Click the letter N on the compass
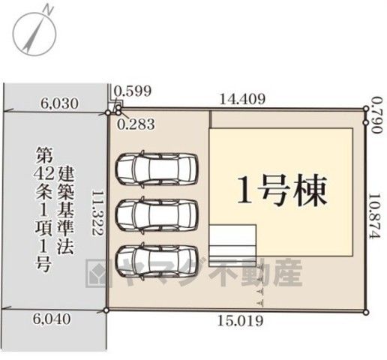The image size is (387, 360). click(49, 10)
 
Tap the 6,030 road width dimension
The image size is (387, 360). click(59, 103)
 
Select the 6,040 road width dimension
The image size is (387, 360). click(52, 319)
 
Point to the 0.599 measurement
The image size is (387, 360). click(133, 91)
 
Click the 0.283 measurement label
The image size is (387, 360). click(136, 124)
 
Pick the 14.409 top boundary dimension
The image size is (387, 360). click(242, 99)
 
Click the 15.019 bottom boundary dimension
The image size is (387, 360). click(241, 321)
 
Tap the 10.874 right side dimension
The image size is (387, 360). click(375, 216)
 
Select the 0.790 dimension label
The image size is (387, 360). click(377, 115)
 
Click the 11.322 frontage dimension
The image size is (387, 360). click(97, 213)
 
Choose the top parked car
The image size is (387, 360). click(157, 169)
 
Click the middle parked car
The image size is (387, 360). click(157, 215)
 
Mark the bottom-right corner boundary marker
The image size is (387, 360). click(366, 312)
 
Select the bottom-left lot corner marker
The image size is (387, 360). click(106, 310)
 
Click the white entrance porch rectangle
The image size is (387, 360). click(232, 245)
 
